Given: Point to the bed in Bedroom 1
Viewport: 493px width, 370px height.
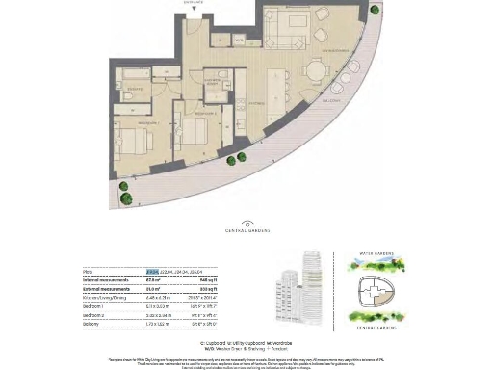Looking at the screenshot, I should click(138, 138).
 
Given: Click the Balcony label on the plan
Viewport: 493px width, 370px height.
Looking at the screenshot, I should click(332, 100).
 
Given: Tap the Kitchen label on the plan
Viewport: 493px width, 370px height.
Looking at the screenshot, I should click(256, 101).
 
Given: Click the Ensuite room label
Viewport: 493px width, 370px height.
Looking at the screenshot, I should click(136, 89).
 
